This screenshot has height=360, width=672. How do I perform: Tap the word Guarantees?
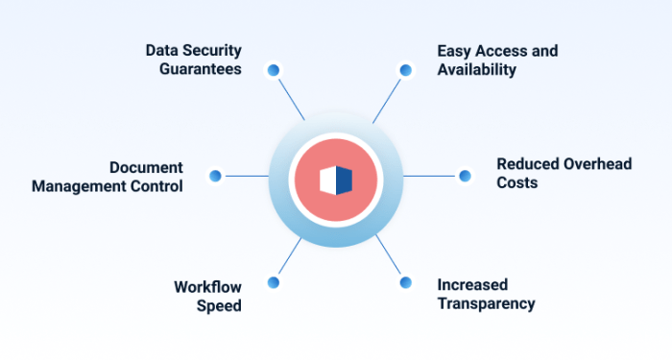tap(200, 69)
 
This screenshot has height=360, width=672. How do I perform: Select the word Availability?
tap(477, 69)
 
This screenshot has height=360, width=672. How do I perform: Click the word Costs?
tap(516, 182)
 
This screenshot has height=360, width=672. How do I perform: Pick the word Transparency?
tap(486, 303)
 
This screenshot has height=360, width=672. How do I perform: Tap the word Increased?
tap(472, 284)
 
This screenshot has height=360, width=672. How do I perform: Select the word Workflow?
tap(207, 286)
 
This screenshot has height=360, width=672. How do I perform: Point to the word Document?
tap(146, 167)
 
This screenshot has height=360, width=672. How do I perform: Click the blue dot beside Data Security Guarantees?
tap(274, 70)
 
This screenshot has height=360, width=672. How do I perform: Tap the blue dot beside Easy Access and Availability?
tap(405, 70)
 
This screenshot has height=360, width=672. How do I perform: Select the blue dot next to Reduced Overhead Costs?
tap(465, 176)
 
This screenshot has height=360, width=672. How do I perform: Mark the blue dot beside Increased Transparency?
tap(405, 282)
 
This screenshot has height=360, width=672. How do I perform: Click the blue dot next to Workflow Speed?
tap(274, 282)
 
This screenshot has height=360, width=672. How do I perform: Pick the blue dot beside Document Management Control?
tap(215, 176)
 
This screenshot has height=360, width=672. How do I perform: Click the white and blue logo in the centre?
tap(336, 180)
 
